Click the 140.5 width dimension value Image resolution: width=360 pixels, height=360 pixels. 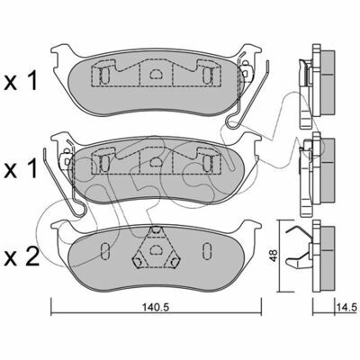pyautogui.click(x=156, y=307)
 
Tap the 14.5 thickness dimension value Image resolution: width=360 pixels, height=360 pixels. pyautogui.click(x=346, y=307)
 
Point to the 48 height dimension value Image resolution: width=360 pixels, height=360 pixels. pyautogui.click(x=274, y=256)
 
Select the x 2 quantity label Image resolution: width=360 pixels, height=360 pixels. pyautogui.click(x=22, y=257)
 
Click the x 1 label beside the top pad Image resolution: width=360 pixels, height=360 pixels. pyautogui.click(x=21, y=81)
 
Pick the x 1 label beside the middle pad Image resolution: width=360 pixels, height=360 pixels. pyautogui.click(x=21, y=168)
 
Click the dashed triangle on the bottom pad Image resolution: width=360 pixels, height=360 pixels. pyautogui.click(x=155, y=248)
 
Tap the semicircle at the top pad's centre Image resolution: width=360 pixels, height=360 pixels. pyautogui.click(x=156, y=74)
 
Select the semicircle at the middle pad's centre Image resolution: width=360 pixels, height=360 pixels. pyautogui.click(x=156, y=162)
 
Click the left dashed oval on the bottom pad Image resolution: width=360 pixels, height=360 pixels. pyautogui.click(x=104, y=251)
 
